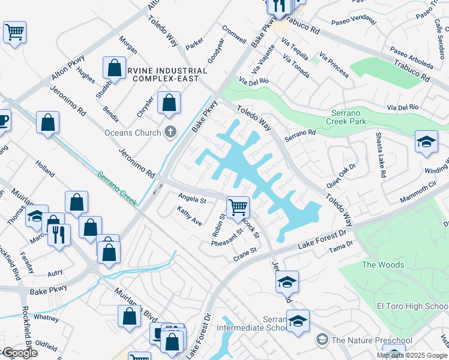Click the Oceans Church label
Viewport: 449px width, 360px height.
[x=132, y=133]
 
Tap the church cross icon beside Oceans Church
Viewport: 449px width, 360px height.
[x=171, y=132]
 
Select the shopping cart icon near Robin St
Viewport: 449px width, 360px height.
[x=238, y=208]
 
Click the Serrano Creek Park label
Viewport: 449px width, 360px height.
[x=357, y=117]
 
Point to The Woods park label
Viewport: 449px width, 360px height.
[x=383, y=265]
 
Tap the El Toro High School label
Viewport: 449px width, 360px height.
[x=412, y=306]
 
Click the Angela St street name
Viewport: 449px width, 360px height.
[x=192, y=198]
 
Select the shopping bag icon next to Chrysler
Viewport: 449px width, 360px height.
[x=169, y=103]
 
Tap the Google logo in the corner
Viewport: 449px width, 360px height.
[x=19, y=353]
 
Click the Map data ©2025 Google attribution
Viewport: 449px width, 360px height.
[x=412, y=355]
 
